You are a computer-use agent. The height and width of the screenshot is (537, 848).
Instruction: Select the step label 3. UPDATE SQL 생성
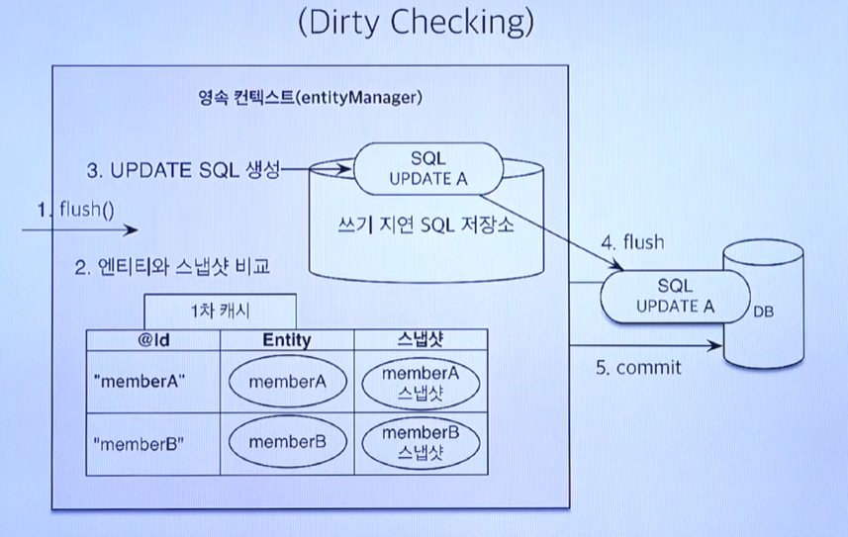(183, 170)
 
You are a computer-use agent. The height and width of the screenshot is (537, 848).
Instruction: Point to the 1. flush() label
(76, 209)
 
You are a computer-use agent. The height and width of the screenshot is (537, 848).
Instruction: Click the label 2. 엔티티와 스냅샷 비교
(172, 268)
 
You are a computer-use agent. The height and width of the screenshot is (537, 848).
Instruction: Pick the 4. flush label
(632, 242)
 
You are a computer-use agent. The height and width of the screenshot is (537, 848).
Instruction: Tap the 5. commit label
(638, 368)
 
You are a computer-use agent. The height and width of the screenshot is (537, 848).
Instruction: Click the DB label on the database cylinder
(763, 313)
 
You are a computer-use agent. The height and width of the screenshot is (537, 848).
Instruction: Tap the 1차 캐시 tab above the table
(220, 309)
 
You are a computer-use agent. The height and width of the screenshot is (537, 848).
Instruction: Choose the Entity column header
(287, 340)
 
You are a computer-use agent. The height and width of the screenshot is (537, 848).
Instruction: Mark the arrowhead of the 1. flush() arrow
(133, 230)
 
